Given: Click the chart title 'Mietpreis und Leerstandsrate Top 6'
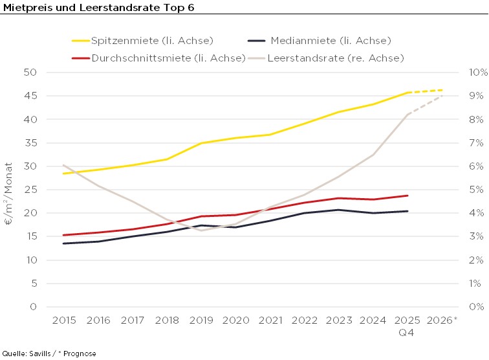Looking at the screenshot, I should pos(98,7).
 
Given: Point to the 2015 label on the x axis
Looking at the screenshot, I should pos(63,321).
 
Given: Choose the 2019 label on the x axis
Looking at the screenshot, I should pos(201,321).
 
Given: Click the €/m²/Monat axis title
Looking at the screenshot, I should pos(10,190).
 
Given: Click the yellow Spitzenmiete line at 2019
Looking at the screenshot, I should pos(201,143).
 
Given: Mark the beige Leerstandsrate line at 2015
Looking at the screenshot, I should pos(63,165).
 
